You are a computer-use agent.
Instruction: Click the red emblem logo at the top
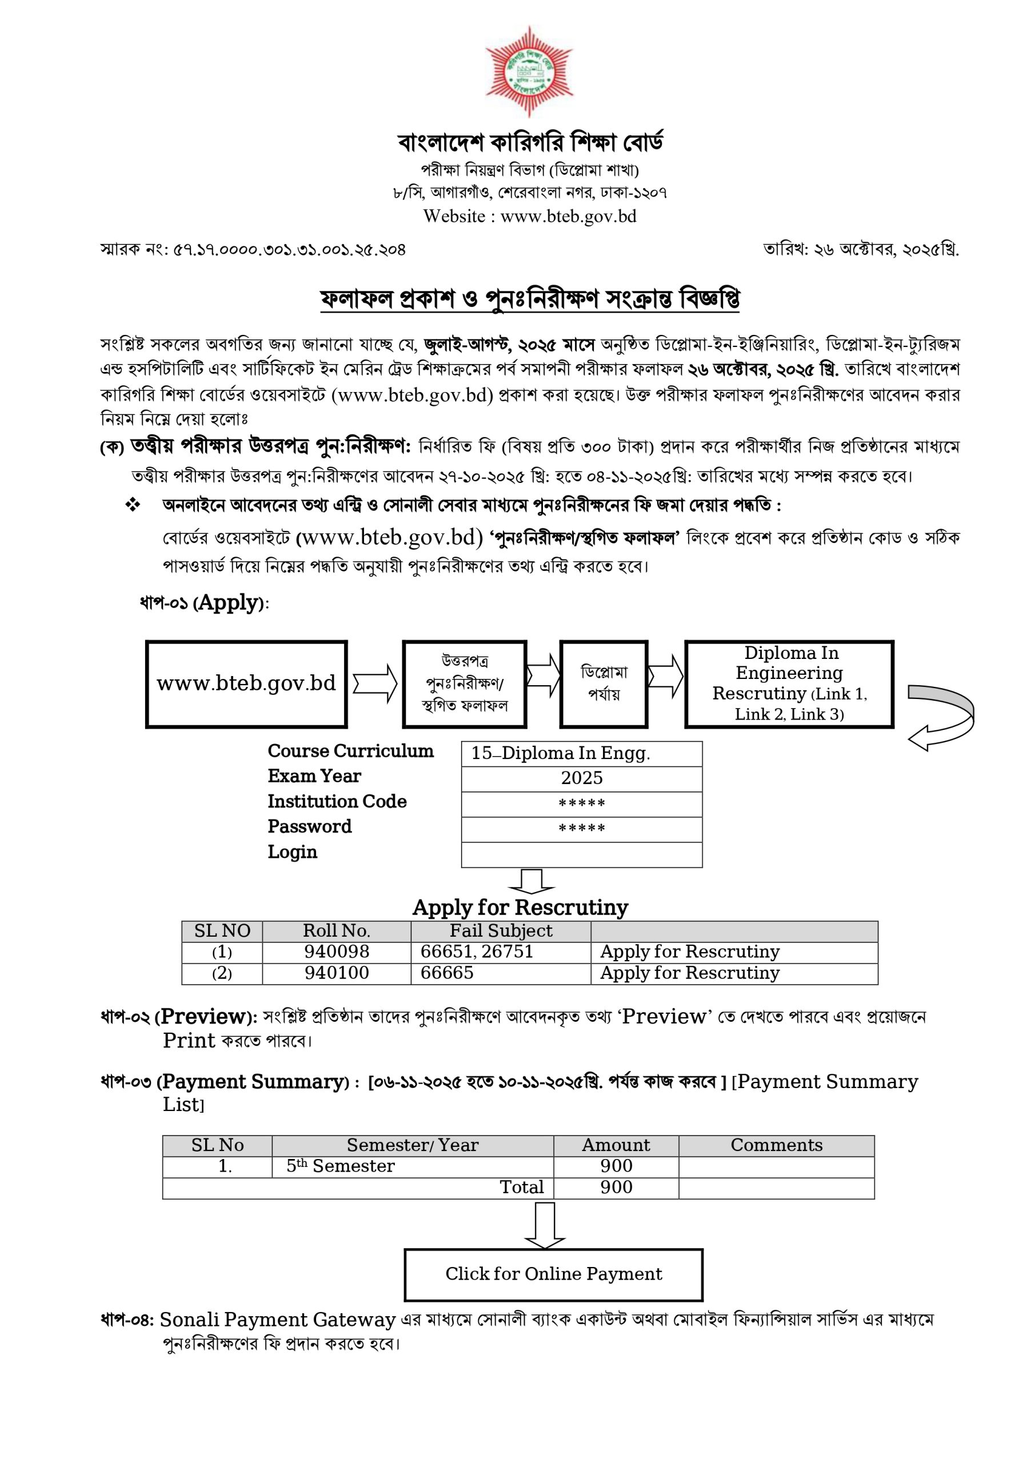tap(529, 71)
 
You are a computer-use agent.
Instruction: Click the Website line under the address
tap(530, 217)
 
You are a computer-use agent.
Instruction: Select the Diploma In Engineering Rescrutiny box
tap(789, 683)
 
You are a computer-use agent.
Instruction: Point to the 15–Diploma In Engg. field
tap(581, 753)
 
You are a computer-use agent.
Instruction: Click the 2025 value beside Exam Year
tap(581, 778)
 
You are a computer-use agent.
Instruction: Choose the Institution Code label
tap(337, 802)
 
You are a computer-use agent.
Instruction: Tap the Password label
tap(309, 826)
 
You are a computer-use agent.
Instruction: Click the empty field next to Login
tap(581, 854)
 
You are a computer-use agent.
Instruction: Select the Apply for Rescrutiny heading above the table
tap(520, 907)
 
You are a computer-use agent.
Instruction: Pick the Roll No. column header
tap(336, 931)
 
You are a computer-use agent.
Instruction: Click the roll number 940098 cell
tap(336, 952)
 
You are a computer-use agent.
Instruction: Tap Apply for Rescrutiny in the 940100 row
tap(690, 973)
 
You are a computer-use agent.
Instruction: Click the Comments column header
tap(776, 1145)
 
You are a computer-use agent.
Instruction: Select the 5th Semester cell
tap(341, 1166)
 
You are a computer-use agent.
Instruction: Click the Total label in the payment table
tap(521, 1187)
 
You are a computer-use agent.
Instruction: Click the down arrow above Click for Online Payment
tap(544, 1225)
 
